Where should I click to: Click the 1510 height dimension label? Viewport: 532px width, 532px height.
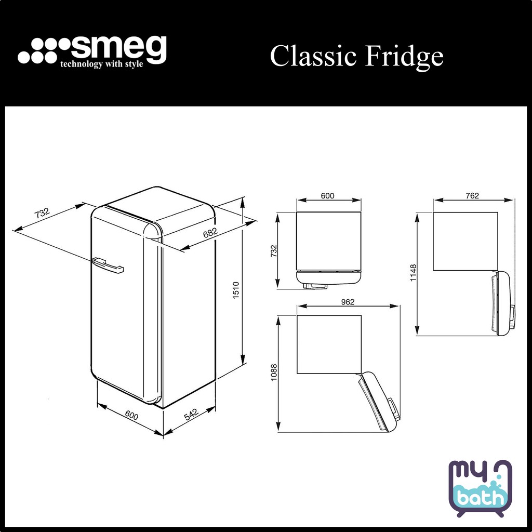pyautogui.click(x=235, y=290)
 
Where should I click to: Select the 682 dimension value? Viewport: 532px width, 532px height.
pyautogui.click(x=210, y=233)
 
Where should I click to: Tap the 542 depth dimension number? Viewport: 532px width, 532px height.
pyautogui.click(x=191, y=415)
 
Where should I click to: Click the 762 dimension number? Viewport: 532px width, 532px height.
pyautogui.click(x=472, y=196)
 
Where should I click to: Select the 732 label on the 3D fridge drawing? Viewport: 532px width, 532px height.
pyautogui.click(x=42, y=214)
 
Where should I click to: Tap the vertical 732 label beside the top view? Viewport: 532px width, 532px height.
pyautogui.click(x=274, y=250)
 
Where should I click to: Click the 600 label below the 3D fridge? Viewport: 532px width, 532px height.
pyautogui.click(x=131, y=416)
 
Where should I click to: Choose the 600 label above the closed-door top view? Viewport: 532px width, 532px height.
pyautogui.click(x=327, y=196)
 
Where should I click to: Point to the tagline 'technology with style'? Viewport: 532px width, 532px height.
pyautogui.click(x=101, y=65)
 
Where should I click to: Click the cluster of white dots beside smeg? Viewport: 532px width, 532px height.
pyautogui.click(x=42, y=51)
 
